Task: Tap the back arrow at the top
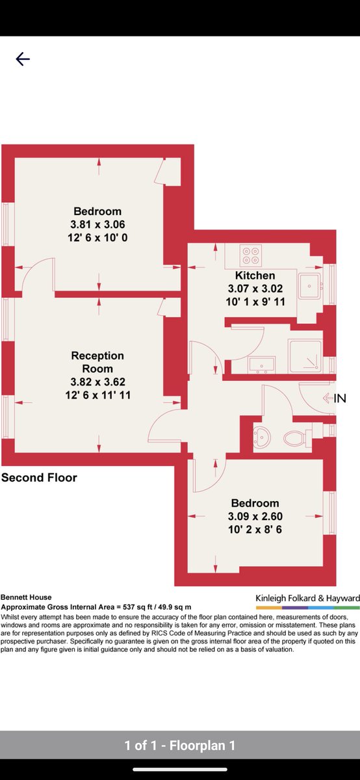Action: pyautogui.click(x=23, y=59)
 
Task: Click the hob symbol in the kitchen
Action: pyautogui.click(x=251, y=255)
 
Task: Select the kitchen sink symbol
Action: pyautogui.click(x=309, y=286)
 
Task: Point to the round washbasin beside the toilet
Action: pyautogui.click(x=262, y=436)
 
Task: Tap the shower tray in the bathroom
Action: pyautogui.click(x=305, y=356)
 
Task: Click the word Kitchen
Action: pyautogui.click(x=255, y=276)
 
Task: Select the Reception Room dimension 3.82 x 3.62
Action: pyautogui.click(x=98, y=382)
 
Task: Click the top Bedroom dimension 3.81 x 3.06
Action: pyautogui.click(x=98, y=225)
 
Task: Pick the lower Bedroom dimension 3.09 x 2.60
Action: pyautogui.click(x=255, y=516)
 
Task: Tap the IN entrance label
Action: pyautogui.click(x=340, y=398)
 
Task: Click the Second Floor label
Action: pyautogui.click(x=39, y=477)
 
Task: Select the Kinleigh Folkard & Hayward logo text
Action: pyautogui.click(x=308, y=598)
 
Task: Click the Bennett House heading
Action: pyautogui.click(x=26, y=597)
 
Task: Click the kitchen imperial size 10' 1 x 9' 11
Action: pyautogui.click(x=255, y=302)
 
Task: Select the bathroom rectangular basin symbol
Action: pyautogui.click(x=262, y=364)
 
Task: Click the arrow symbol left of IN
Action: pyautogui.click(x=328, y=398)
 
